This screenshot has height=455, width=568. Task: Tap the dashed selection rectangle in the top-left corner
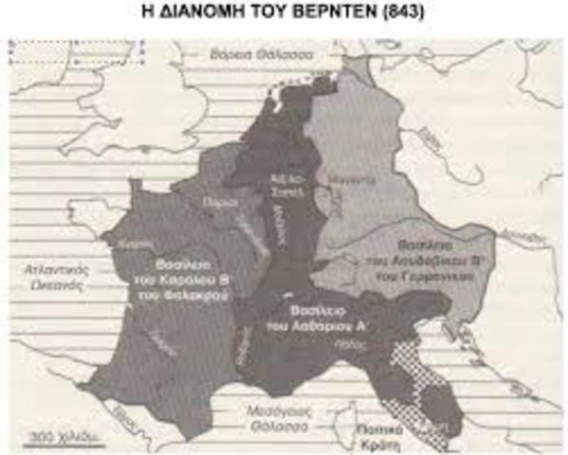[76, 53]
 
